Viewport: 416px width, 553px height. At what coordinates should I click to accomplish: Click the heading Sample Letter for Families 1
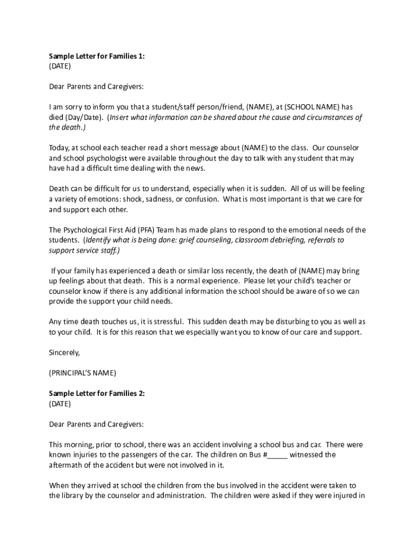point(97,56)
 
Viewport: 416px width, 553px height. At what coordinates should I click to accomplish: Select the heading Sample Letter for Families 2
point(97,394)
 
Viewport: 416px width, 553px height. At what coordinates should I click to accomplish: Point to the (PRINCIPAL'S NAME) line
point(82,373)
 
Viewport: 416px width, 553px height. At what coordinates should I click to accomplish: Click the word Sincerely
point(64,353)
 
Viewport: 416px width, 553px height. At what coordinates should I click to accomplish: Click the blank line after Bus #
point(278,455)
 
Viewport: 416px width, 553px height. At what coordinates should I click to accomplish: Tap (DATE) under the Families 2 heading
point(59,404)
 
